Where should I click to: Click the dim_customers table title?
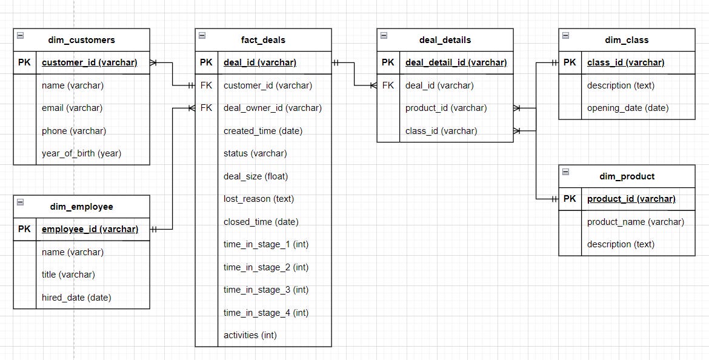coord(81,40)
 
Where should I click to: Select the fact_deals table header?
coord(263,40)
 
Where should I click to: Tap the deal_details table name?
coord(445,40)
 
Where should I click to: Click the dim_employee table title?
coord(81,207)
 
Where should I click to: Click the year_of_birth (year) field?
coord(81,153)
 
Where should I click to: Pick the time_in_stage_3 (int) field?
coord(266,290)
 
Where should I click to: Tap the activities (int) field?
coord(250,335)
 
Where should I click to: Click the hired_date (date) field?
coord(76,298)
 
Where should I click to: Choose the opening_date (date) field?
coord(628,108)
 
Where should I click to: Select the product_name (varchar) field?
coord(636,222)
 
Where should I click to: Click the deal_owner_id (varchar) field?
coord(273,108)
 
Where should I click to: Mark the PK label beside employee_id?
coord(24,229)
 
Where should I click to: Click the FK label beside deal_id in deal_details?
coord(388,85)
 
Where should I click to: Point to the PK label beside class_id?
coord(570,62)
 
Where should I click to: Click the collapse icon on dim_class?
coord(565,36)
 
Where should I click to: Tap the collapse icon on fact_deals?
coord(201,36)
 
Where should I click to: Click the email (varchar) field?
coord(72,108)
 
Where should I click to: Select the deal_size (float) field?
coord(256,176)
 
